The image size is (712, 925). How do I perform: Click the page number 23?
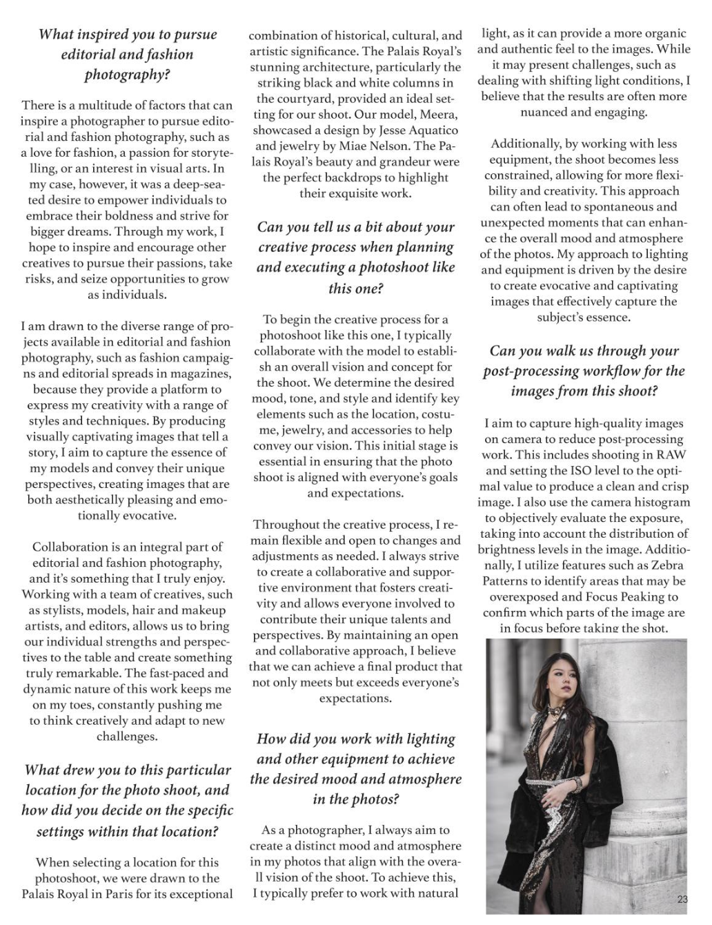point(682,899)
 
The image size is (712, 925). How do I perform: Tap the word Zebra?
point(667,565)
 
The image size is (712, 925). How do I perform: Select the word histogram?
point(657,503)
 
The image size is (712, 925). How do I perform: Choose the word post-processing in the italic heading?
point(531,371)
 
